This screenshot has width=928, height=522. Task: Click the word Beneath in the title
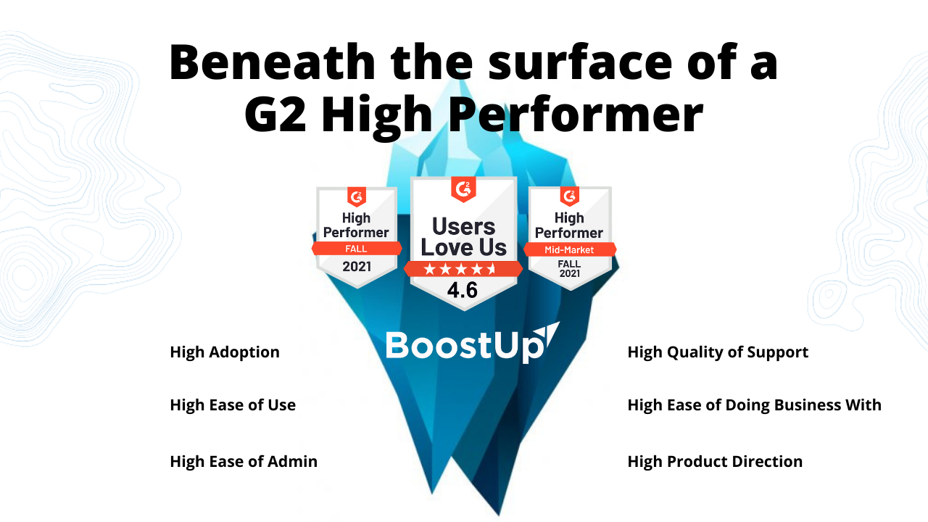(272, 62)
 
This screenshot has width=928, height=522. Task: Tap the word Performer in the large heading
(576, 115)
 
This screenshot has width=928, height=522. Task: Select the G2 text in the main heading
(275, 114)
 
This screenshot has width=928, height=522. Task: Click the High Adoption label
(225, 352)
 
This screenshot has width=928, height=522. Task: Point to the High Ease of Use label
(233, 405)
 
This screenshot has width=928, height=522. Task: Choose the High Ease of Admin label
(244, 462)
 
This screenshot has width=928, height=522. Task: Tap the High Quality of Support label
(718, 352)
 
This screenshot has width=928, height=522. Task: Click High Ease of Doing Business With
(755, 405)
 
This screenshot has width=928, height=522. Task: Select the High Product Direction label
(715, 462)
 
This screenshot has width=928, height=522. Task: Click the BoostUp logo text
(464, 346)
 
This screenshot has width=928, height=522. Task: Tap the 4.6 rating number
(463, 289)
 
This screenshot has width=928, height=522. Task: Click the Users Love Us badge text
(463, 237)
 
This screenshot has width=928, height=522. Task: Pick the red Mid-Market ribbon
(570, 250)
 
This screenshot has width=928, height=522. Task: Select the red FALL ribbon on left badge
(357, 249)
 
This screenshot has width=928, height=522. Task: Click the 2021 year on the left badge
(357, 266)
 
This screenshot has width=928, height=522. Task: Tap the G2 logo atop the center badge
(463, 189)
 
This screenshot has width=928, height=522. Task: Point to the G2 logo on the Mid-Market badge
(570, 196)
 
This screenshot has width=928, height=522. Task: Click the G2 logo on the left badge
(357, 196)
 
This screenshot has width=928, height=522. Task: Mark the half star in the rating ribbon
(492, 269)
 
